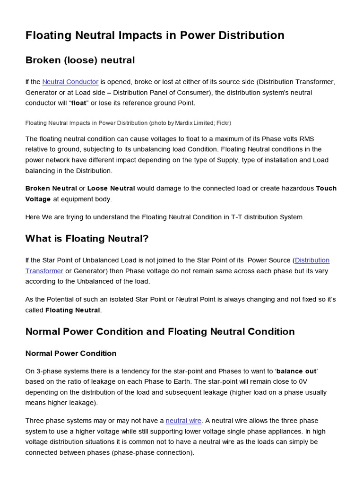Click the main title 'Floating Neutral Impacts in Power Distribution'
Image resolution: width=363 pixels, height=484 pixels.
[155, 35]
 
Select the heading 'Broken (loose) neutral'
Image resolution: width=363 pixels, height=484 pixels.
[80, 60]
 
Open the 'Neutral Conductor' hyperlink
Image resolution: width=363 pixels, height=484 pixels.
[70, 82]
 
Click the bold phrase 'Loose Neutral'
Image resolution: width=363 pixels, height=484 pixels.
[111, 188]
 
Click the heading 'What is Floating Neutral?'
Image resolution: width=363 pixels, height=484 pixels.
[87, 239]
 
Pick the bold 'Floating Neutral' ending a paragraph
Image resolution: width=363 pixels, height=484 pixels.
[72, 310]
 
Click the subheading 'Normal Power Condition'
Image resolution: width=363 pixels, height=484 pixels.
[71, 354]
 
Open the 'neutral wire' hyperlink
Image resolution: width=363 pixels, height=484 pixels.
[183, 421]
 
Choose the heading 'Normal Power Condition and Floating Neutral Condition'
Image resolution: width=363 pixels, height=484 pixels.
[160, 332]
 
